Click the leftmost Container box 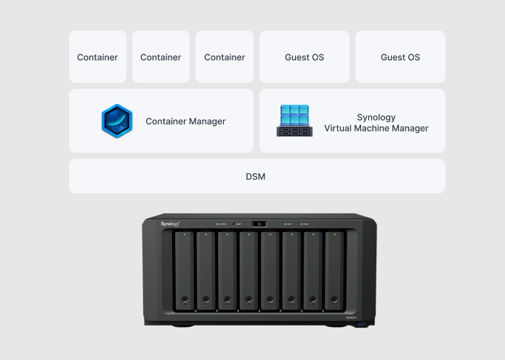pyautogui.click(x=97, y=57)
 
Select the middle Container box pyautogui.click(x=161, y=57)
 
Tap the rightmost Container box pyautogui.click(x=225, y=57)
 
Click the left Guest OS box pyautogui.click(x=304, y=57)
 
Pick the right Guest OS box pyautogui.click(x=400, y=57)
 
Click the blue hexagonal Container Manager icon pyautogui.click(x=117, y=121)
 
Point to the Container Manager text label pyautogui.click(x=185, y=121)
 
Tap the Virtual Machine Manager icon pyautogui.click(x=294, y=121)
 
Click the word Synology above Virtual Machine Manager pyautogui.click(x=376, y=116)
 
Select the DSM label pyautogui.click(x=256, y=176)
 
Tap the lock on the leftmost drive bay pyautogui.click(x=185, y=299)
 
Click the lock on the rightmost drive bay pyautogui.click(x=334, y=299)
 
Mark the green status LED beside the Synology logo pyautogui.click(x=217, y=224)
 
